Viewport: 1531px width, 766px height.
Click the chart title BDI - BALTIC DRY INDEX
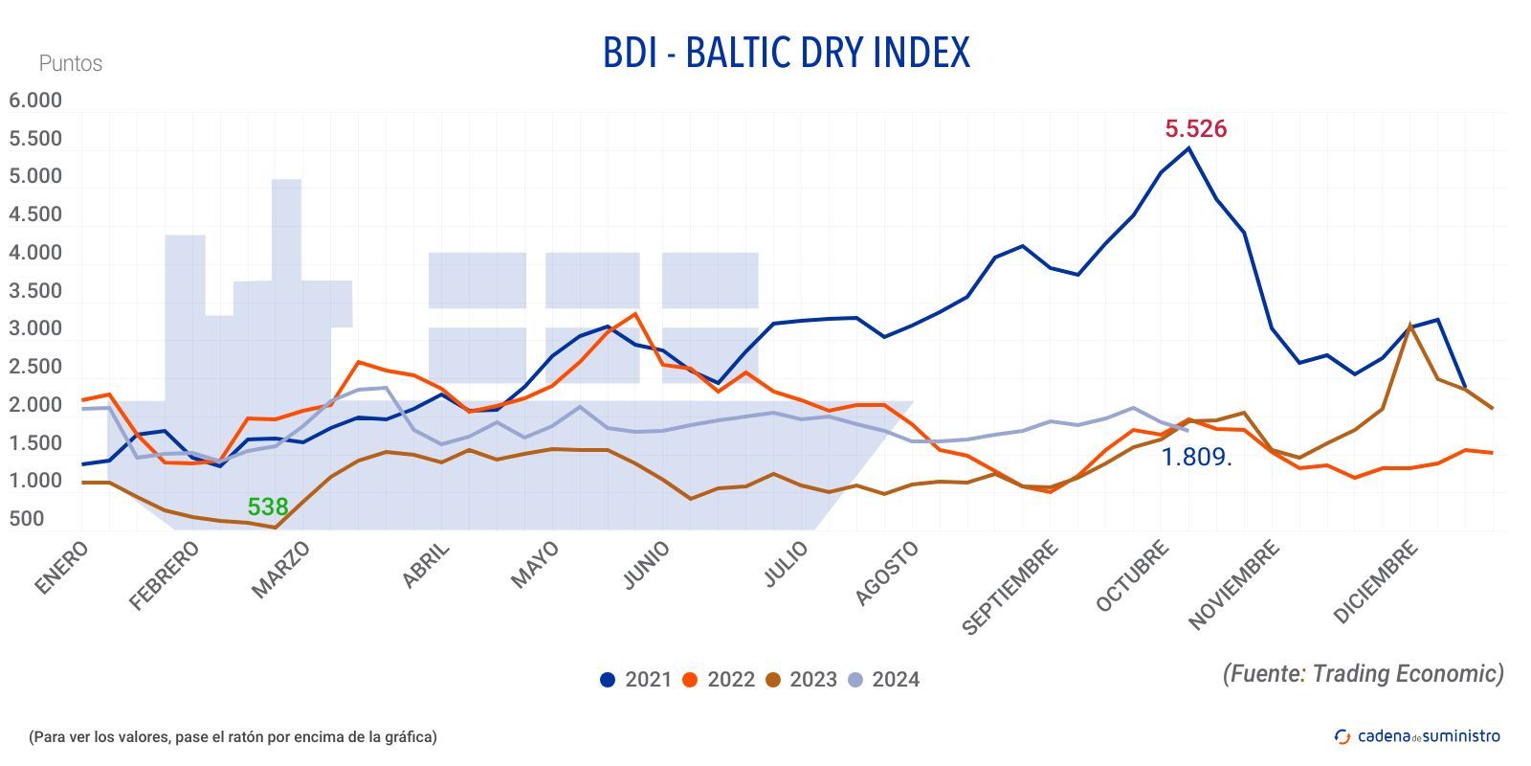pyautogui.click(x=786, y=53)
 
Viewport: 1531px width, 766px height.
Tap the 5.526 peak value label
pyautogui.click(x=1195, y=128)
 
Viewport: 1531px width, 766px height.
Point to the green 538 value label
pyautogui.click(x=267, y=507)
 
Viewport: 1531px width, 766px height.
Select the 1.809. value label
pyautogui.click(x=1196, y=458)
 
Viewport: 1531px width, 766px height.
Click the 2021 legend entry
pyautogui.click(x=635, y=680)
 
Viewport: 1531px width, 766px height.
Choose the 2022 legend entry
pyautogui.click(x=719, y=680)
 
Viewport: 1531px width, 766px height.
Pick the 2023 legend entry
pyautogui.click(x=801, y=680)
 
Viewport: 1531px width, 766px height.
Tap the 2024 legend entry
pyautogui.click(x=883, y=680)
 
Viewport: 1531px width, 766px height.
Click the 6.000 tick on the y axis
pyautogui.click(x=35, y=101)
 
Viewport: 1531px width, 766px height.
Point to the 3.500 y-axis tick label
pyautogui.click(x=35, y=291)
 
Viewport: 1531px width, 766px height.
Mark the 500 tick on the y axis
pyautogui.click(x=27, y=519)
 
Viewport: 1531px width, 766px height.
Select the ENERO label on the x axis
pyautogui.click(x=62, y=568)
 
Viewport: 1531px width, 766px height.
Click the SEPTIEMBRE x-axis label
pyautogui.click(x=1010, y=587)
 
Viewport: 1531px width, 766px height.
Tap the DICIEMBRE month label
pyautogui.click(x=1375, y=582)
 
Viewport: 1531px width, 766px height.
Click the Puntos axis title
pyautogui.click(x=71, y=63)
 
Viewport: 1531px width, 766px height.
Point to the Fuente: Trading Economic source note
pyautogui.click(x=1363, y=674)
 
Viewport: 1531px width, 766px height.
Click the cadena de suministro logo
pyautogui.click(x=1417, y=736)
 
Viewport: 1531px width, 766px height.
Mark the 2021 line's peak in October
pyautogui.click(x=1188, y=147)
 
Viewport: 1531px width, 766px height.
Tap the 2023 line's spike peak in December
pyautogui.click(x=1410, y=325)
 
